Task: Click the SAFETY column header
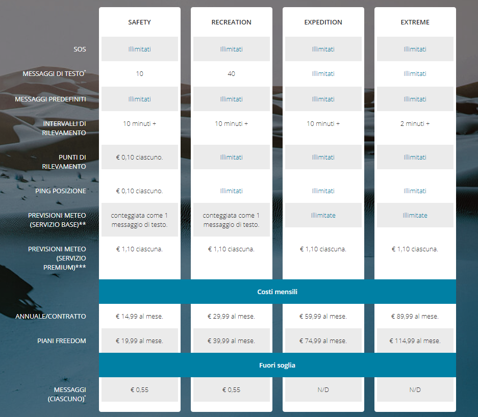coord(139,22)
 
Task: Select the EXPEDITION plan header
coord(323,22)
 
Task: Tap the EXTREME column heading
coord(415,22)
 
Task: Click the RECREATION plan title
coord(231,22)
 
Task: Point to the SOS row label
coord(80,49)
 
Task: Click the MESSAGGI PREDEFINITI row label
coord(51,99)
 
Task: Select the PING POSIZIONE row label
coord(61,191)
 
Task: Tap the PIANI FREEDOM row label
coord(62,341)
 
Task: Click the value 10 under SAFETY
coord(139,74)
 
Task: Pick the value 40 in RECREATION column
coord(231,74)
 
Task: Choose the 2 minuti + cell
coord(415,124)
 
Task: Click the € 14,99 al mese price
coord(139,317)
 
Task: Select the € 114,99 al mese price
coord(415,341)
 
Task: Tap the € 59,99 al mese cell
coord(323,317)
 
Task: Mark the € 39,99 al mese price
coord(231,341)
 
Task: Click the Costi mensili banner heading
coord(277,292)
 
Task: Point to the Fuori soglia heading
coord(277,366)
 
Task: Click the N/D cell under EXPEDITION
coord(323,390)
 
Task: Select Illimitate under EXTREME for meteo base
coord(415,216)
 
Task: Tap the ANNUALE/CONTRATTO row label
coord(51,317)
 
